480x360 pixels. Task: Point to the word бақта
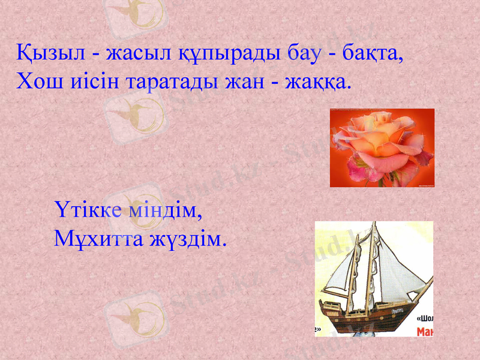(x=372, y=52)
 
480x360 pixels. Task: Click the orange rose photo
(x=382, y=147)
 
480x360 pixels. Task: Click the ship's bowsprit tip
(x=430, y=278)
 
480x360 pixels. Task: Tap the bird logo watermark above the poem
(x=134, y=18)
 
